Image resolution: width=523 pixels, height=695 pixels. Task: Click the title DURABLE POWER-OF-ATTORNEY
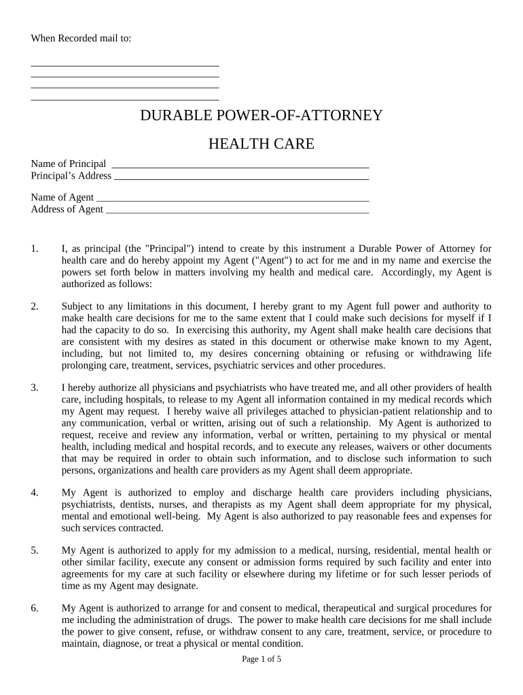[261, 115]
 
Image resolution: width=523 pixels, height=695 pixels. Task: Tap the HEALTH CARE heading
[261, 144]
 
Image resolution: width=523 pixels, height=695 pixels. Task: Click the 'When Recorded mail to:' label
[81, 38]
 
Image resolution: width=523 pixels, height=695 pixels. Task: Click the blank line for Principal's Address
[242, 176]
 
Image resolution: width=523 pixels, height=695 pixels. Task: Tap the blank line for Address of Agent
[238, 210]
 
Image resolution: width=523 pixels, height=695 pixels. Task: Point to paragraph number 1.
[35, 248]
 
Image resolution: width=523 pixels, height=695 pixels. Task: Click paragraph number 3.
[35, 388]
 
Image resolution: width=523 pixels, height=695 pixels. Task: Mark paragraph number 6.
[35, 607]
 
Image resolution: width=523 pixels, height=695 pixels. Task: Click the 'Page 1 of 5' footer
[261, 659]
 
